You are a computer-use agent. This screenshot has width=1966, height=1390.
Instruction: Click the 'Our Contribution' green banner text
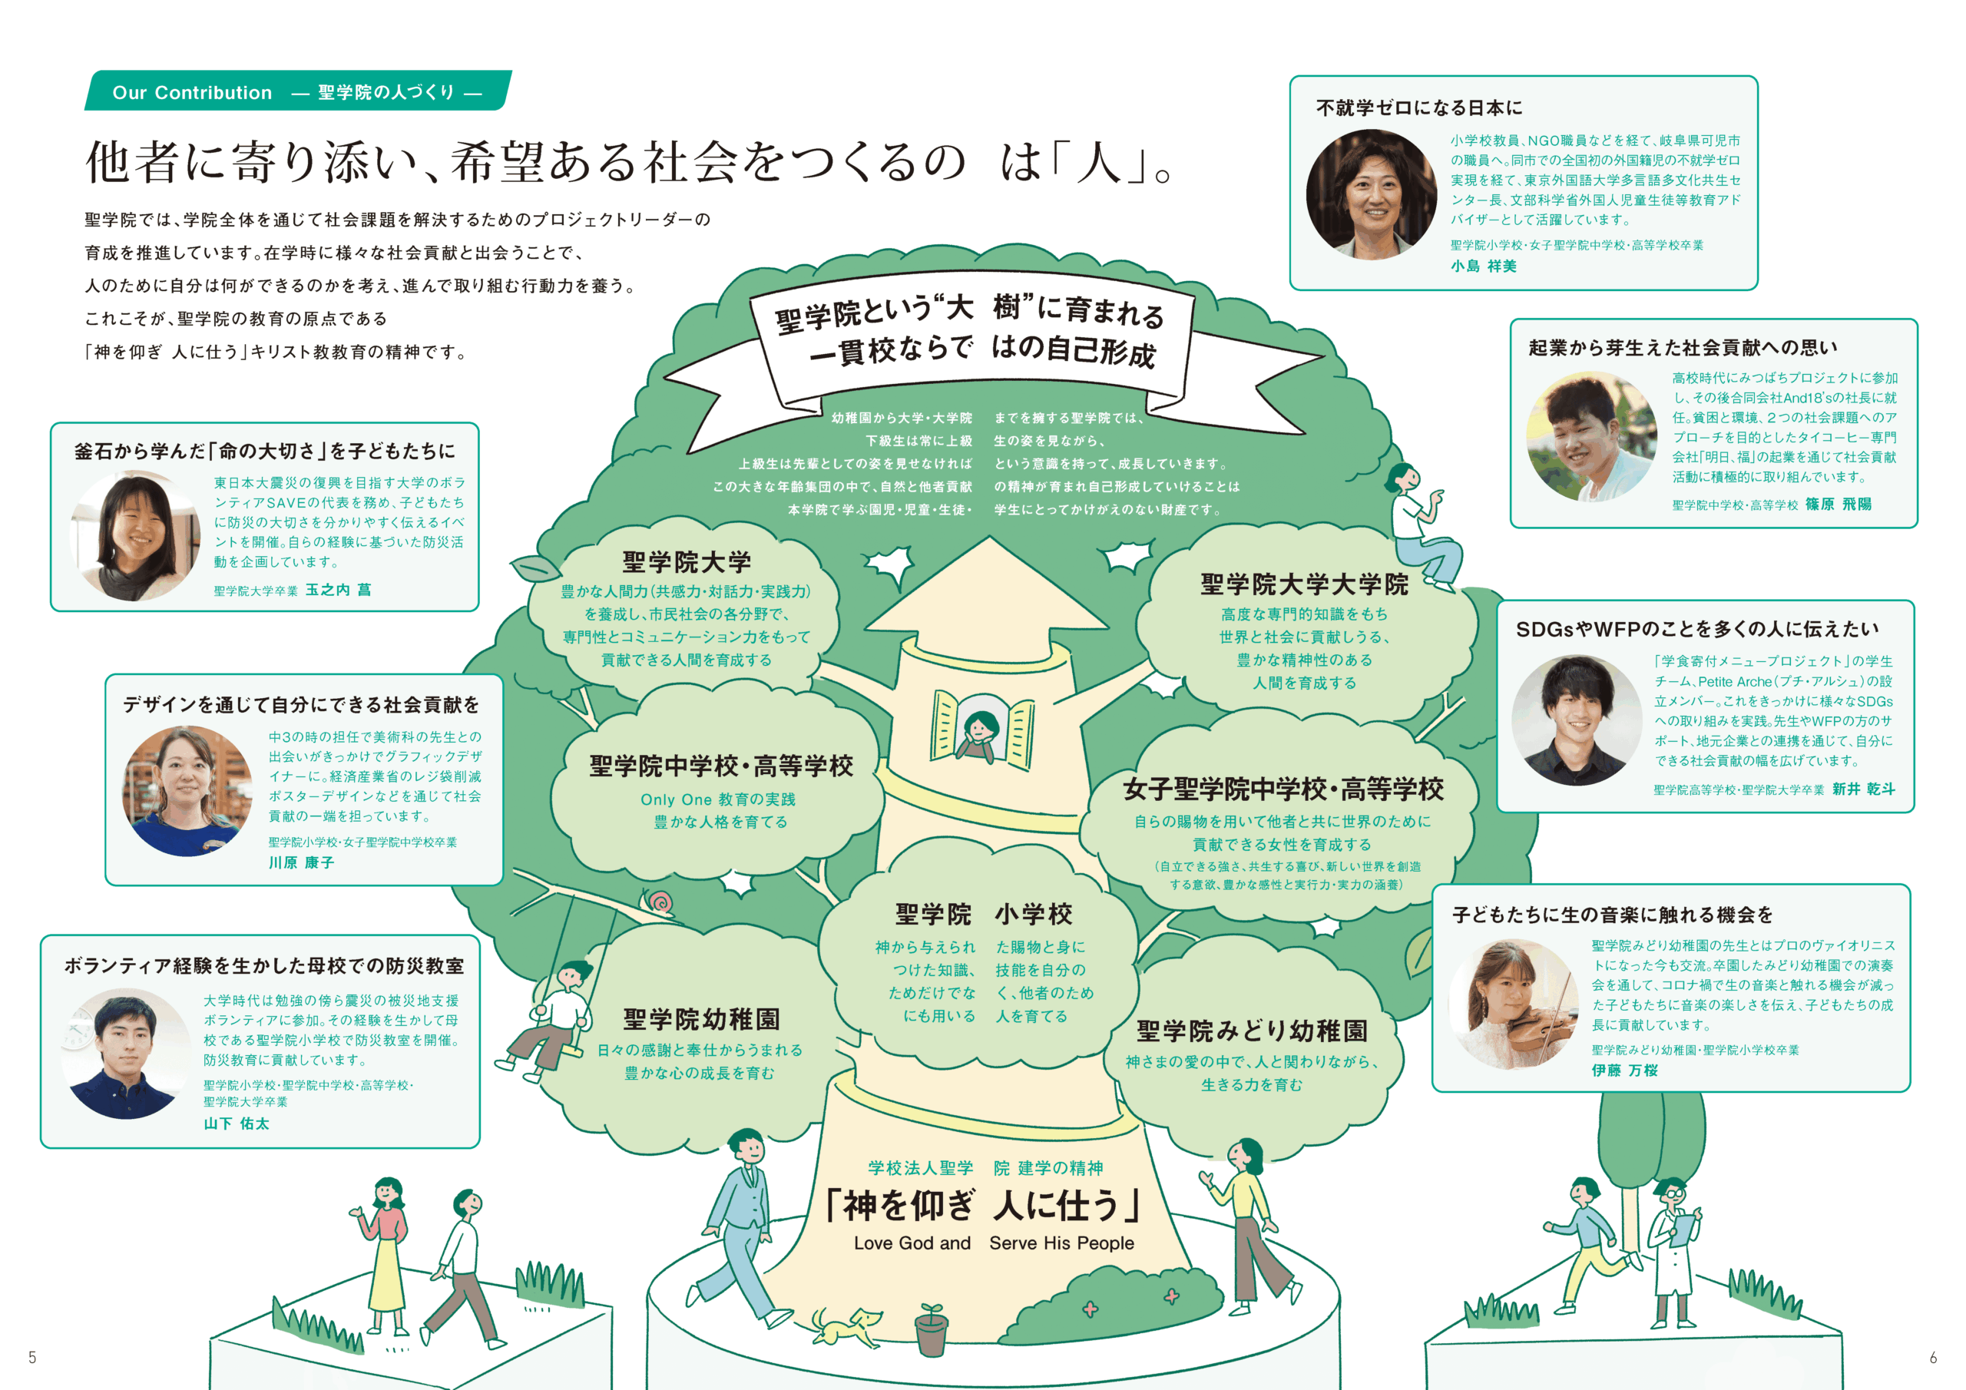[x=192, y=92]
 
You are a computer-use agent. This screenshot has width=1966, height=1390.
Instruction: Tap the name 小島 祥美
[x=1483, y=266]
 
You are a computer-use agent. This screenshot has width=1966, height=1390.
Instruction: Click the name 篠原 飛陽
[x=1839, y=505]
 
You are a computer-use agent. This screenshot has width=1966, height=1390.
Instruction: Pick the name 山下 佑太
[x=237, y=1123]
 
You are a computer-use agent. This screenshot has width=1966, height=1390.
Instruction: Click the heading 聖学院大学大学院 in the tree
[x=1303, y=585]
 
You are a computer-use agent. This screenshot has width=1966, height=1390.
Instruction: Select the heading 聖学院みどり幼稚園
[x=1251, y=1031]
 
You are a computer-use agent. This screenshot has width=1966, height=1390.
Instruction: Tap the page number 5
[x=32, y=1357]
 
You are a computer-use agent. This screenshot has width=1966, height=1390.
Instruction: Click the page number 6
[x=1933, y=1358]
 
